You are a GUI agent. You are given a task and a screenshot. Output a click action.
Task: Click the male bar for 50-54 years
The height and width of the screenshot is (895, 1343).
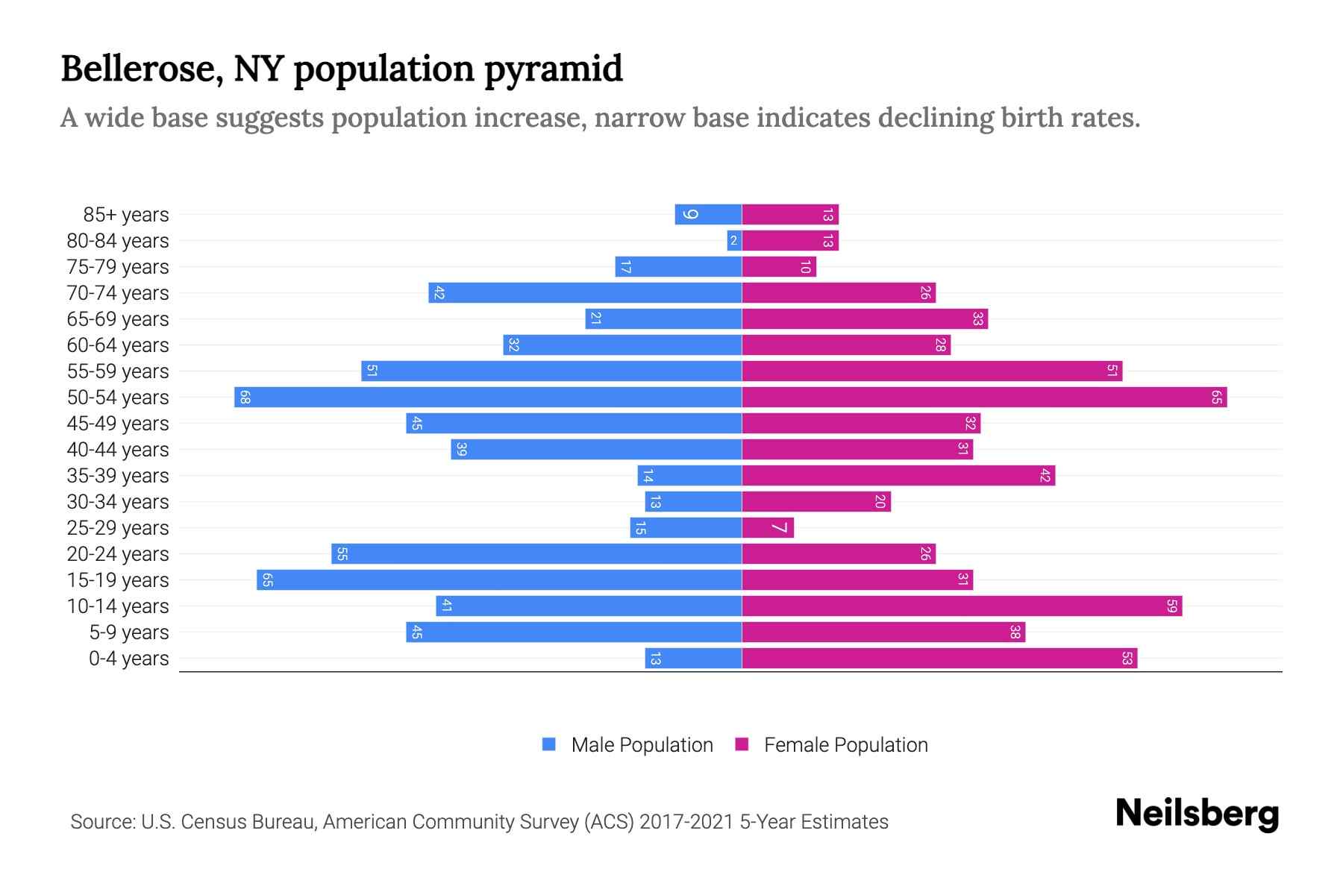pyautogui.click(x=488, y=397)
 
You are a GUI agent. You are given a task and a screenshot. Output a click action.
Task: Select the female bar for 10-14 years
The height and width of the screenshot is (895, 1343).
pyautogui.click(x=962, y=606)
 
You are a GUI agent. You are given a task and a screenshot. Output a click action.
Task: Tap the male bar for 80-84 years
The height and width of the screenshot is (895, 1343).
pyautogui.click(x=734, y=240)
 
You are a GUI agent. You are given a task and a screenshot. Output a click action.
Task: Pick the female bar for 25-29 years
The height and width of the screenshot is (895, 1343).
pyautogui.click(x=768, y=527)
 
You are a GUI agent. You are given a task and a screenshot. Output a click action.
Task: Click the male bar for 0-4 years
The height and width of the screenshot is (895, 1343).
pyautogui.click(x=693, y=658)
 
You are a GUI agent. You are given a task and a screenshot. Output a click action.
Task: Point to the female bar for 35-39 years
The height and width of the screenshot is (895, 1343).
pyautogui.click(x=898, y=475)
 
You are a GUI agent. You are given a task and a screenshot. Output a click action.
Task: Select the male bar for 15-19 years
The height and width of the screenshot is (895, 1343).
pyautogui.click(x=499, y=580)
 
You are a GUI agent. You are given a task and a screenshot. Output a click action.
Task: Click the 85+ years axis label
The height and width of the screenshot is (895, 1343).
pyautogui.click(x=125, y=215)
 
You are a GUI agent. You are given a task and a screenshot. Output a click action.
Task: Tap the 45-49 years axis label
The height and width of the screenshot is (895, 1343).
pyautogui.click(x=118, y=424)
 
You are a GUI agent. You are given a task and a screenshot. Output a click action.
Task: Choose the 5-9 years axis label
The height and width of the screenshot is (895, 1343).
pyautogui.click(x=128, y=632)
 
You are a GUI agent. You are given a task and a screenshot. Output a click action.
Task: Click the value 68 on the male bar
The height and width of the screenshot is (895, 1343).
pyautogui.click(x=245, y=398)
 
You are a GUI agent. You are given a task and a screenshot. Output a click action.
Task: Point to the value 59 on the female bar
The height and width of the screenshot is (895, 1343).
pyautogui.click(x=1171, y=606)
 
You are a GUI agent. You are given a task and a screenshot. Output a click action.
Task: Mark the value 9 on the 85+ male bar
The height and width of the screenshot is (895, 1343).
pyautogui.click(x=690, y=215)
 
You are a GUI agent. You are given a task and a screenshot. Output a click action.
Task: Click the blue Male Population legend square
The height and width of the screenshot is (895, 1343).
pyautogui.click(x=549, y=744)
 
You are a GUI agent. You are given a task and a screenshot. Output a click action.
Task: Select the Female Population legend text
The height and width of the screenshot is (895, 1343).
pyautogui.click(x=845, y=744)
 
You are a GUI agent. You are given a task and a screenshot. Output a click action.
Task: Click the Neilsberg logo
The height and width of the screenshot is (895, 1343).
pyautogui.click(x=1197, y=814)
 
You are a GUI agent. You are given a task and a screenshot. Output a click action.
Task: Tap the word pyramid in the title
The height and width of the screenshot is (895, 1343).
pyautogui.click(x=553, y=69)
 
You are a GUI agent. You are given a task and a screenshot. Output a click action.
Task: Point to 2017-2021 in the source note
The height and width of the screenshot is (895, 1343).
pyautogui.click(x=686, y=822)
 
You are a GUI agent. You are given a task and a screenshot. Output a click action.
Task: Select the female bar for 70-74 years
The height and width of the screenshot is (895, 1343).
pyautogui.click(x=839, y=292)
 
